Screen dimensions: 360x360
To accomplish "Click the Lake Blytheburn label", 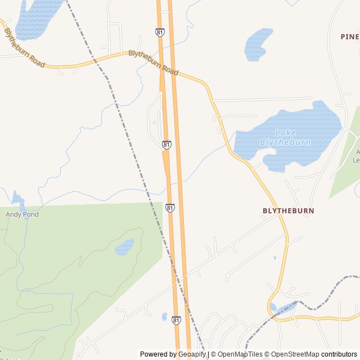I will click(x=285, y=137).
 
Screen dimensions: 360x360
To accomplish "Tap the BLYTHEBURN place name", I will click(x=289, y=210).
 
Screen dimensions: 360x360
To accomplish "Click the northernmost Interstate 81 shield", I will click(x=160, y=33).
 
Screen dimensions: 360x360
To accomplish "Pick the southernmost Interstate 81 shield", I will click(x=176, y=319).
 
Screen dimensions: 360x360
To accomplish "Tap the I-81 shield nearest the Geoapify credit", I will click(x=176, y=319).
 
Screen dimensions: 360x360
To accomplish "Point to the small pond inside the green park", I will click(x=124, y=247).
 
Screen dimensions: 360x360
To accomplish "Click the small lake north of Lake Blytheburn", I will click(x=258, y=43).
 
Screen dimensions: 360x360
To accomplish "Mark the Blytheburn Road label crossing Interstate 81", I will click(x=153, y=62).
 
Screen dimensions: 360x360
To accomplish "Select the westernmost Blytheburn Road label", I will click(x=24, y=48).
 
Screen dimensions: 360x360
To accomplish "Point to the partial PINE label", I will click(x=349, y=37).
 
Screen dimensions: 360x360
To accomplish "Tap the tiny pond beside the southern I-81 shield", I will click(x=164, y=317).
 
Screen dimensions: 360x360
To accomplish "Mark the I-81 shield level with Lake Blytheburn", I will click(x=166, y=145).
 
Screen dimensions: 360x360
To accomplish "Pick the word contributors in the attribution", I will click(x=339, y=354).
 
